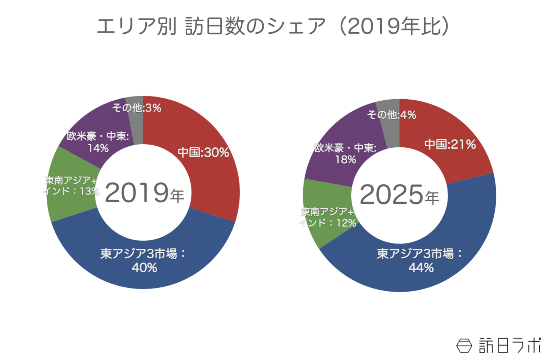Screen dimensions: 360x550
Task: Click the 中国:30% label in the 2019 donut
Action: pyautogui.click(x=203, y=152)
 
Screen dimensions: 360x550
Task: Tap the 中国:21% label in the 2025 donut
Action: pyautogui.click(x=450, y=144)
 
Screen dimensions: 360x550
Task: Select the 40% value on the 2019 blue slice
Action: pyautogui.click(x=144, y=268)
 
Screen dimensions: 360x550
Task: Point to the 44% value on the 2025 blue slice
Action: pyautogui.click(x=421, y=268)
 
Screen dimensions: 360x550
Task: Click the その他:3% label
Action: pyautogui.click(x=136, y=108)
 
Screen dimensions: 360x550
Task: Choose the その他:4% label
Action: pyautogui.click(x=392, y=115)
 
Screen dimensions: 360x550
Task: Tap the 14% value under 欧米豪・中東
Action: pyautogui.click(x=98, y=148)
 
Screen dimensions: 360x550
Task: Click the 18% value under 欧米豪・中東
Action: pyautogui.click(x=345, y=159)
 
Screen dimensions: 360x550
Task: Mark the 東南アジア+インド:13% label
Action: pyautogui.click(x=71, y=186)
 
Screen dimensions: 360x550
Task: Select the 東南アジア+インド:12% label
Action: pyautogui.click(x=327, y=217)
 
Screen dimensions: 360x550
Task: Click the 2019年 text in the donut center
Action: pyautogui.click(x=144, y=193)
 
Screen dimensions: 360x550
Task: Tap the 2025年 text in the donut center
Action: pyautogui.click(x=399, y=195)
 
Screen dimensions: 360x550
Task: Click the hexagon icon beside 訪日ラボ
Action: pyautogui.click(x=464, y=346)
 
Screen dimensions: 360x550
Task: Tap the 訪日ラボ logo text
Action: pyautogui.click(x=510, y=345)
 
